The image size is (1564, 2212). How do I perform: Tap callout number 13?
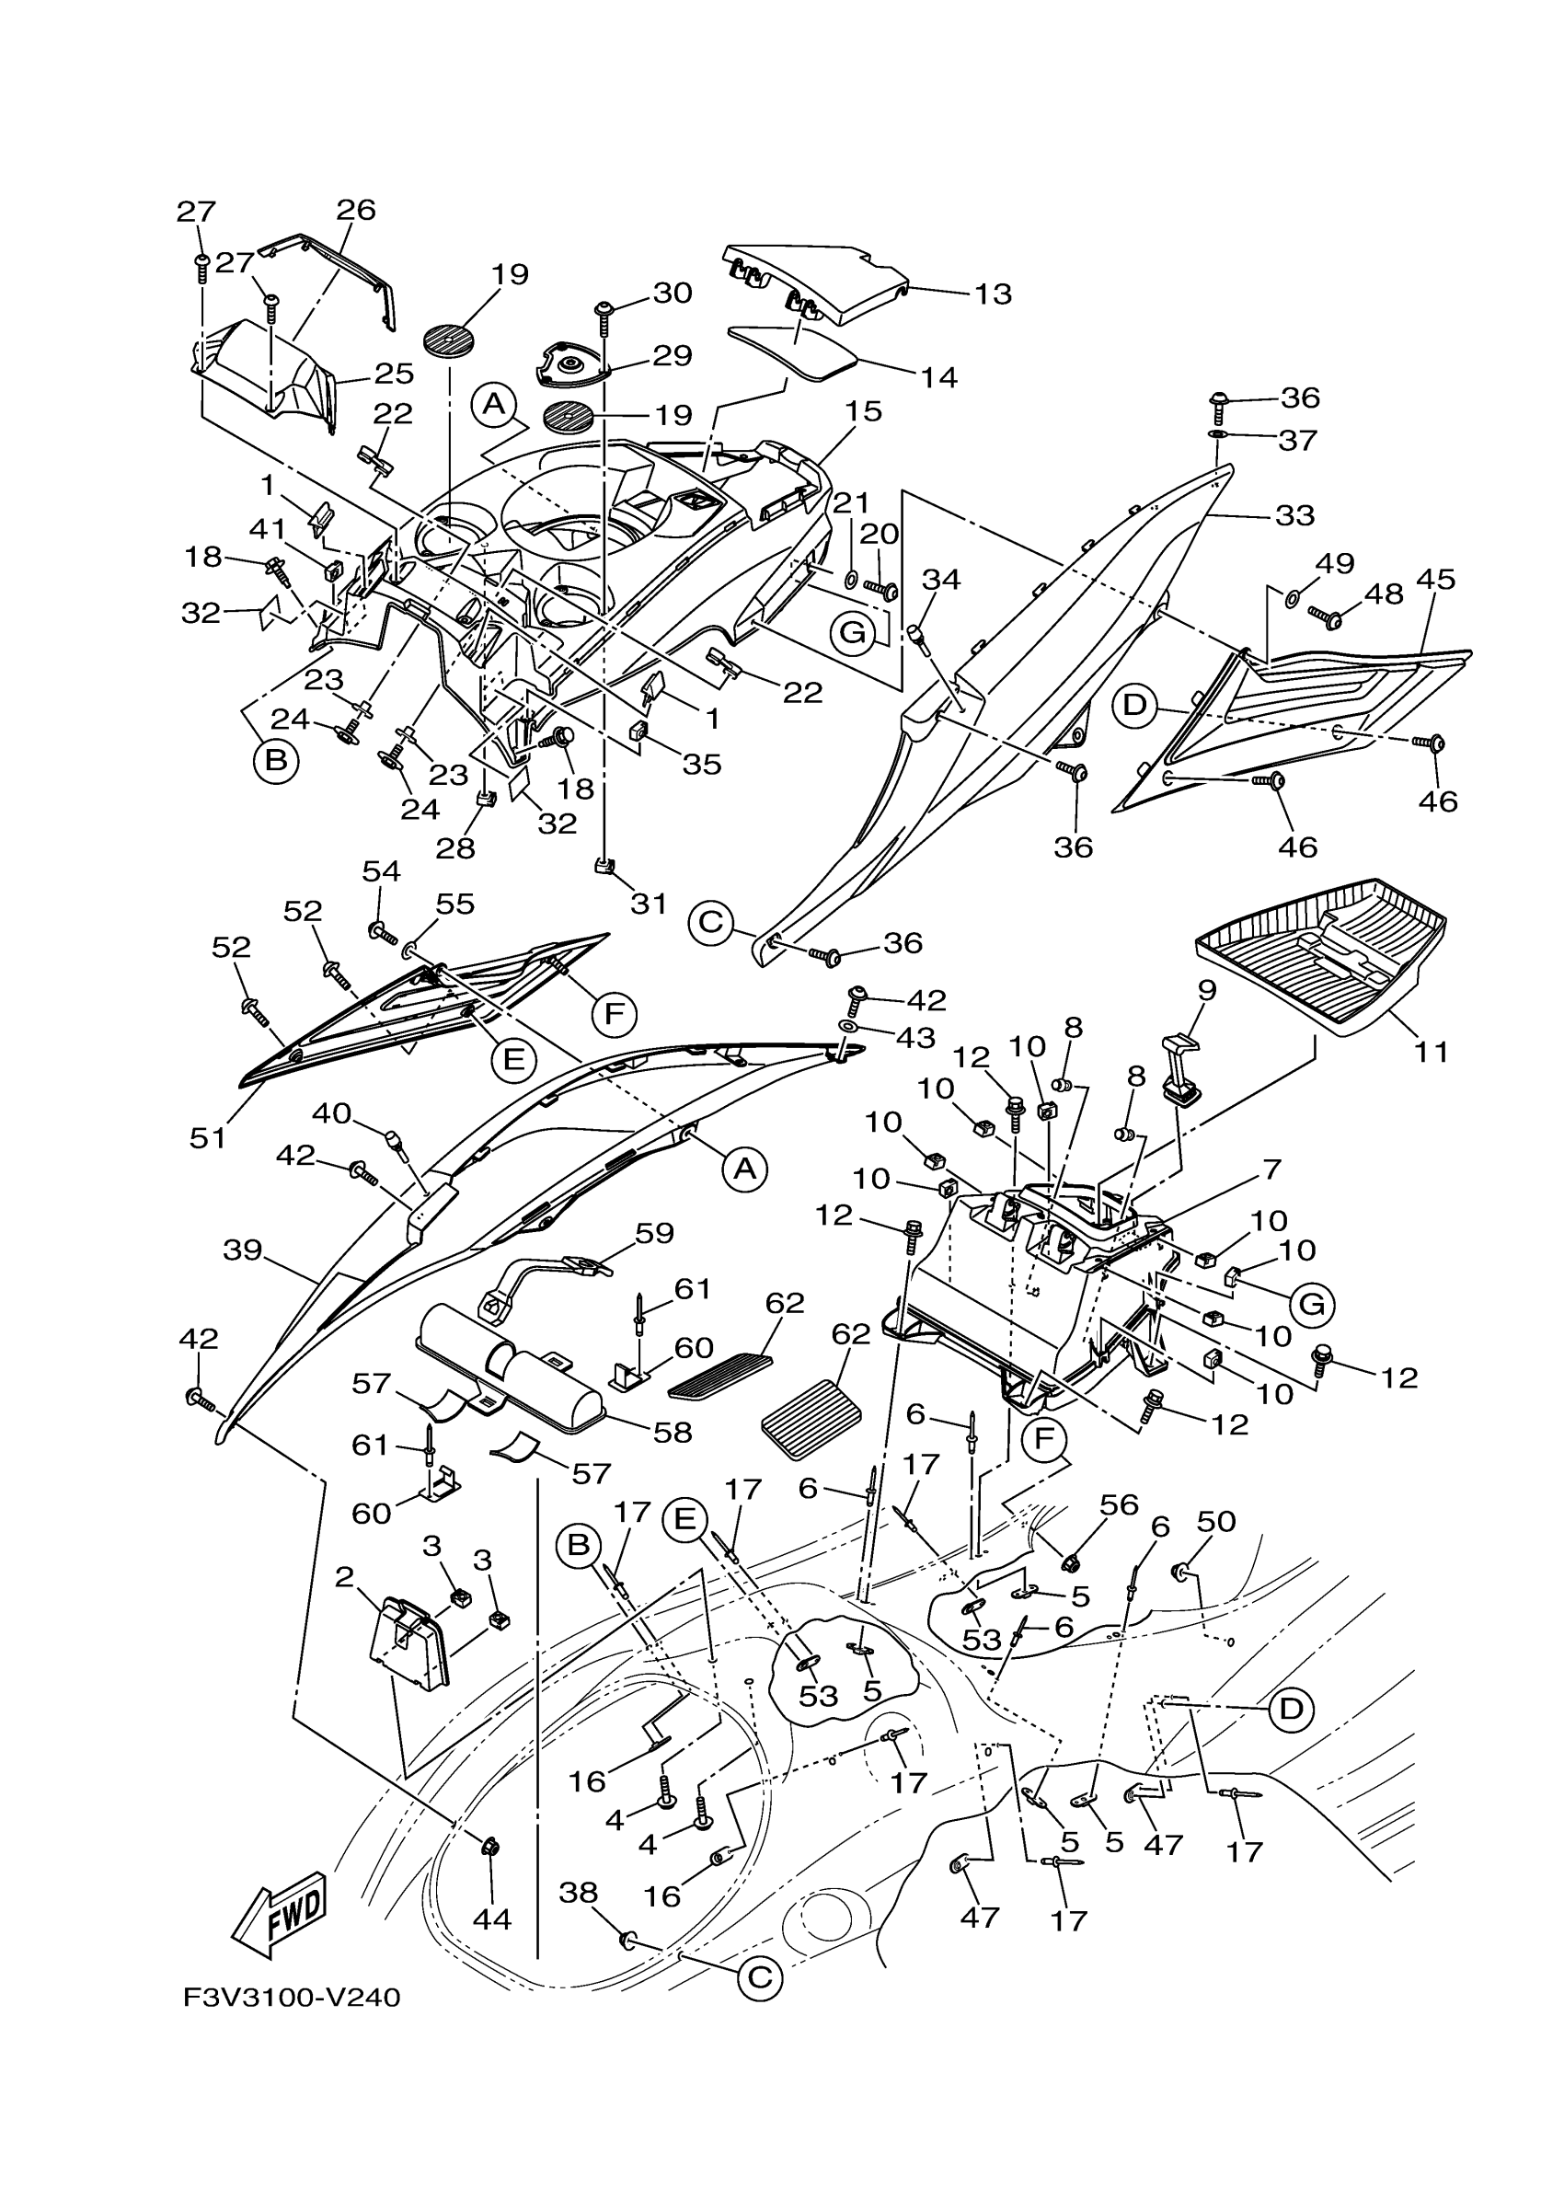point(992,293)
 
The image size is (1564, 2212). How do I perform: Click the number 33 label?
point(1294,515)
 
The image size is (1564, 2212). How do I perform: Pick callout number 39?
point(243,1250)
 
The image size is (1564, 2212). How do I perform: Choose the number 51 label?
point(207,1138)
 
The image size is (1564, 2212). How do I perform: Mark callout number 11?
point(1432,1052)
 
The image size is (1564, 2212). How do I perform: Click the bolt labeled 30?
point(604,316)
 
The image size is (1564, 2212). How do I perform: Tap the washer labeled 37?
point(1217,435)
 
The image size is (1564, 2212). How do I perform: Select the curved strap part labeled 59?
point(543,1286)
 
